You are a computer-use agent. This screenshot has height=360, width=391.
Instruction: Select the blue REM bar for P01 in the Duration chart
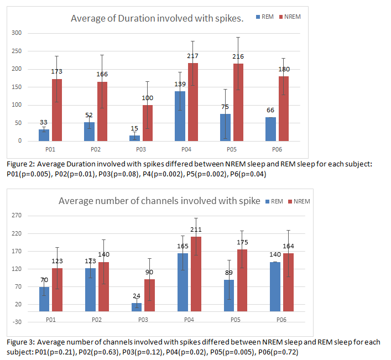coord(44,135)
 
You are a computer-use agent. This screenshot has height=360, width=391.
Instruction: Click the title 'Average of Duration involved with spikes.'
coord(157,19)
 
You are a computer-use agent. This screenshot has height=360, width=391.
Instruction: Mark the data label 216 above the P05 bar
coord(238,56)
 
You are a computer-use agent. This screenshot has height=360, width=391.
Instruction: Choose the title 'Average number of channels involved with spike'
coord(159,201)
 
